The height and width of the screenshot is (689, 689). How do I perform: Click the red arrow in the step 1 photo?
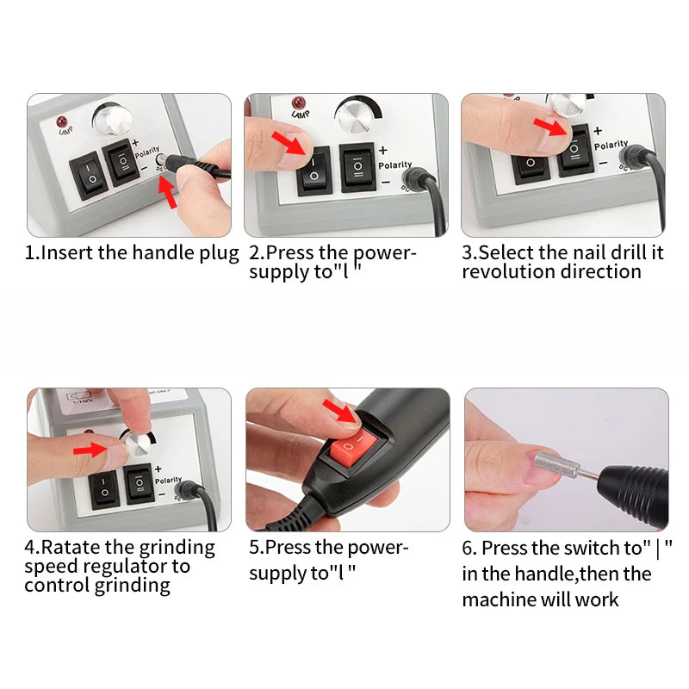[x=168, y=191]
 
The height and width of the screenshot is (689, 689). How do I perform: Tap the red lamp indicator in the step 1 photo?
[x=62, y=121]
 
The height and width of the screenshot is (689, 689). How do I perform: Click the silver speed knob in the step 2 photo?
[x=353, y=116]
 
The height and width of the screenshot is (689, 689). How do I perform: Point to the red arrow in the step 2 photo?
[x=289, y=143]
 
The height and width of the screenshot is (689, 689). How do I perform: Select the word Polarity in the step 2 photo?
[x=395, y=164]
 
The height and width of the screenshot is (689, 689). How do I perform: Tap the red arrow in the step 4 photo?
[x=90, y=450]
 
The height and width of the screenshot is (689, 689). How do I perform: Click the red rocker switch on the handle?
[x=353, y=447]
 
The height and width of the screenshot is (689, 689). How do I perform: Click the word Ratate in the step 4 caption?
[x=71, y=548]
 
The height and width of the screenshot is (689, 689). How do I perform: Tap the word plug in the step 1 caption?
[x=219, y=254]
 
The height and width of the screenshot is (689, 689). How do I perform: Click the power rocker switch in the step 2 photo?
[x=313, y=171]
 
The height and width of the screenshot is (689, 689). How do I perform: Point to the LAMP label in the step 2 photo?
[x=301, y=115]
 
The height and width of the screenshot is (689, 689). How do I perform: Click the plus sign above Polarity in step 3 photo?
[x=598, y=131]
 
